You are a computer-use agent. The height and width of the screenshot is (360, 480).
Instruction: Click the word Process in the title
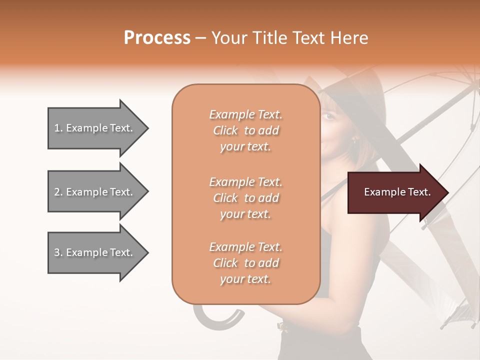tap(157, 38)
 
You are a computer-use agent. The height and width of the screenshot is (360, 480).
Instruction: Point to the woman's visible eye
tap(327, 116)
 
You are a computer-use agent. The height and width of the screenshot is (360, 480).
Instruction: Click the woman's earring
tap(355, 141)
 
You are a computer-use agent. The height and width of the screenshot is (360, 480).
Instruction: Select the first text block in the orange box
tap(245, 130)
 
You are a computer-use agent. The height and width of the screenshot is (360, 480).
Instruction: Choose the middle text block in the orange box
tap(245, 198)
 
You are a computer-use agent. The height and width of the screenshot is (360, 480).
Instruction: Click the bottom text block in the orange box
tap(245, 263)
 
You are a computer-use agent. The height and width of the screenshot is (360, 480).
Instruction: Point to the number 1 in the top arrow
tap(56, 128)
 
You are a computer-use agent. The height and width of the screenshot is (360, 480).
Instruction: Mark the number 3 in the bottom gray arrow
tap(57, 252)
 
